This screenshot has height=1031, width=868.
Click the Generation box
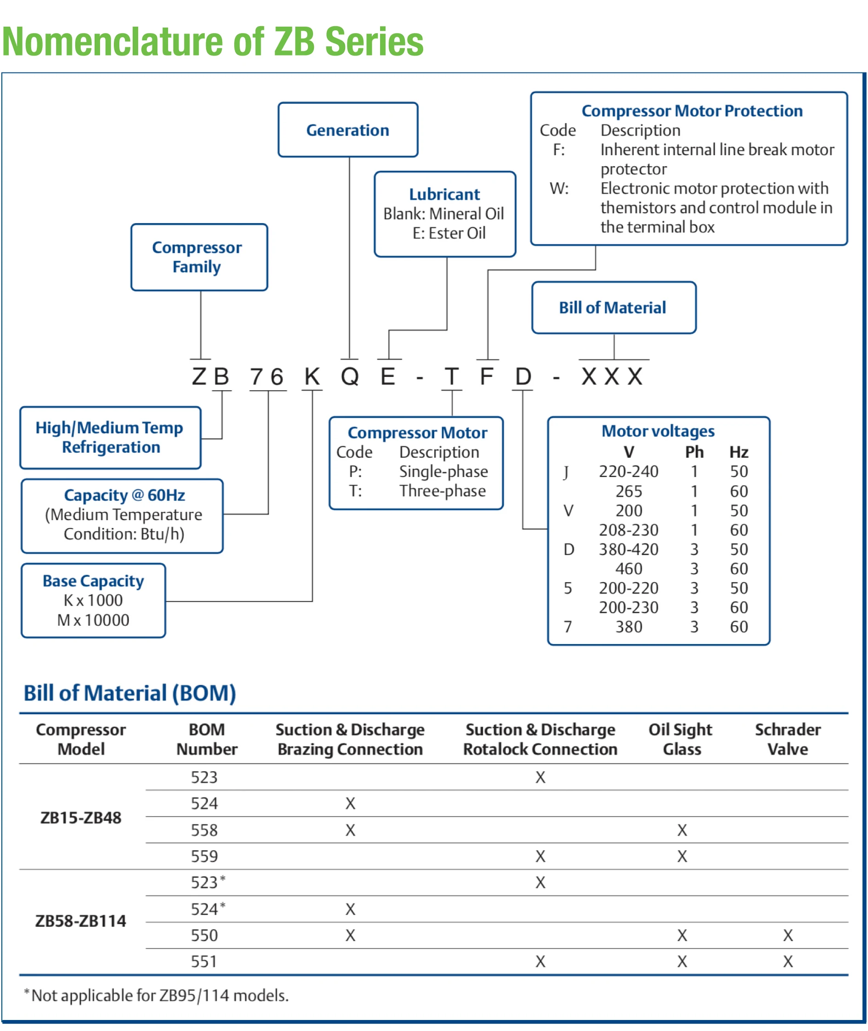[347, 130]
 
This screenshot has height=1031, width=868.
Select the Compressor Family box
[199, 257]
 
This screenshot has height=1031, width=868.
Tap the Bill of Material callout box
[613, 308]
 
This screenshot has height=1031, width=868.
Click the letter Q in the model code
[350, 376]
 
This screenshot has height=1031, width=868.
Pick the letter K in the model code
[312, 376]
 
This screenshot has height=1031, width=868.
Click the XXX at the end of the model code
[613, 376]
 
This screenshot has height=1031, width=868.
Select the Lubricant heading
[444, 194]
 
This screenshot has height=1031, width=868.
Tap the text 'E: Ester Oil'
[449, 233]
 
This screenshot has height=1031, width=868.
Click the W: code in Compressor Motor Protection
[559, 189]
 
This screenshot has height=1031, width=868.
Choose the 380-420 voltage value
[628, 549]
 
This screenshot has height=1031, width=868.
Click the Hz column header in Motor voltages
[739, 452]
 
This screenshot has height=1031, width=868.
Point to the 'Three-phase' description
[442, 491]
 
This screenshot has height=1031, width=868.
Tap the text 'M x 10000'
[93, 620]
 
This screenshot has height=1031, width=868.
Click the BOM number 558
[204, 830]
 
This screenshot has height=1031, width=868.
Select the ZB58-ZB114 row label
[81, 921]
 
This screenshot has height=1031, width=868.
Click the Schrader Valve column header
[788, 739]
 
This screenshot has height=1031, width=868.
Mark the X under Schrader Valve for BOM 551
[788, 961]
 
